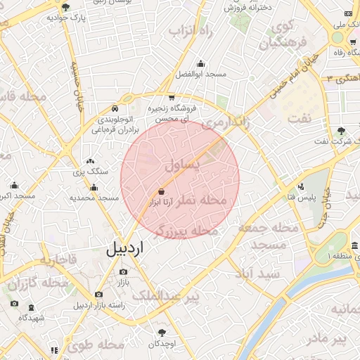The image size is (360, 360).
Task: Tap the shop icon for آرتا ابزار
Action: (162, 191)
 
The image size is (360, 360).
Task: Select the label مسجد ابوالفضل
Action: (201, 74)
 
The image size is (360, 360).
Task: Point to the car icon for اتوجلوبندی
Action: (115, 108)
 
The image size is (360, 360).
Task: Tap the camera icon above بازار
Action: (124, 271)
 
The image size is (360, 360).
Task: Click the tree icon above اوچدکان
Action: (162, 331)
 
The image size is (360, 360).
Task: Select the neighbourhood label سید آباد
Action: (258, 273)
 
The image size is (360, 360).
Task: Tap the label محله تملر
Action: (205, 200)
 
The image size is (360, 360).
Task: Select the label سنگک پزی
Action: (92, 172)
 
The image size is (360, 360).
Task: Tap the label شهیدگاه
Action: (32, 318)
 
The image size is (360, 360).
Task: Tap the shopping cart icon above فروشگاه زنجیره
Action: (172, 98)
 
